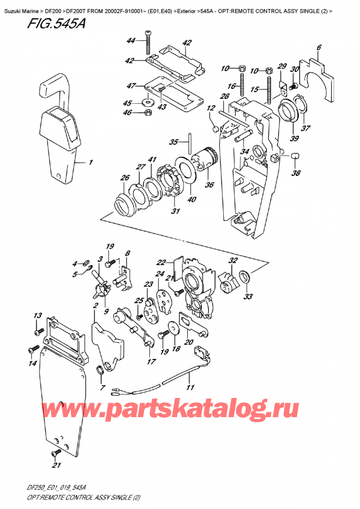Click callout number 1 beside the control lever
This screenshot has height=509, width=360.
click(x=91, y=163)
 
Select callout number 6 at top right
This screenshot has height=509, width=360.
click(x=319, y=47)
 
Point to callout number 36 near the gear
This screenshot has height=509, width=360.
click(x=209, y=185)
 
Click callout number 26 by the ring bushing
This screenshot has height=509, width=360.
click(x=125, y=177)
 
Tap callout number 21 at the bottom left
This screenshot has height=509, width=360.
click(x=56, y=465)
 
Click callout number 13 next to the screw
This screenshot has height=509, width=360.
click(x=37, y=316)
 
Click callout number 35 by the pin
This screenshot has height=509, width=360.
click(x=173, y=142)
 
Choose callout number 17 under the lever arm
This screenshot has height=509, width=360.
click(x=151, y=362)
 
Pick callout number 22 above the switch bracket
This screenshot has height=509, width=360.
click(x=160, y=262)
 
